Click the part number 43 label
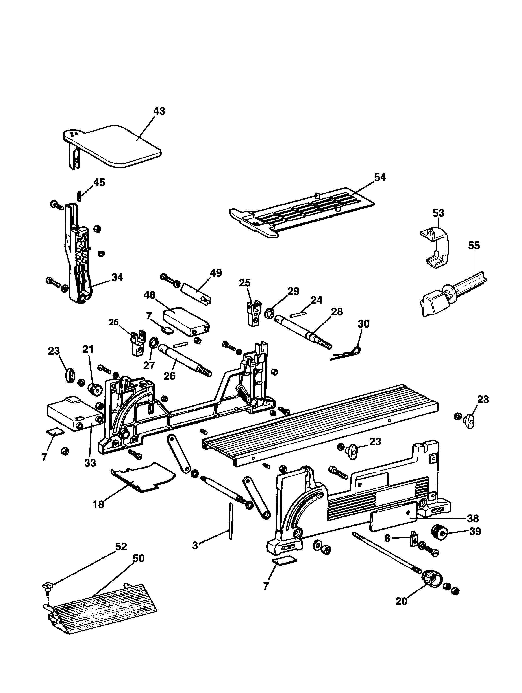pos(159,111)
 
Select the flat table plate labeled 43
pos(119,146)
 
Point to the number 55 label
pos(474,245)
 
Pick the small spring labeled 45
pos(79,197)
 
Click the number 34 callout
pos(117,277)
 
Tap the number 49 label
pos(216,273)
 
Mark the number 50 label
pos(138,558)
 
